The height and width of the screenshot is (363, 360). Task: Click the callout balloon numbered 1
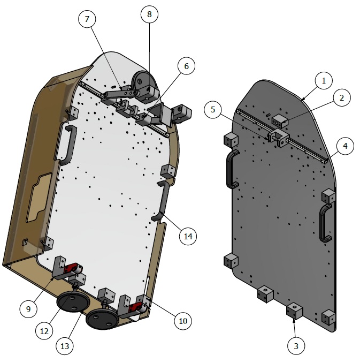tap(323, 81)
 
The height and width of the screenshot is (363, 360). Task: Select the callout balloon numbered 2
tap(341, 97)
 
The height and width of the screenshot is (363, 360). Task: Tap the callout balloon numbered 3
tap(296, 345)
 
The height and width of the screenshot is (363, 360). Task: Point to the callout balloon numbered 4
tap(345, 146)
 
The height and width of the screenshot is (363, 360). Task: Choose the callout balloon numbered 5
tap(213, 110)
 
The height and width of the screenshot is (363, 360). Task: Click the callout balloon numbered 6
tap(186, 66)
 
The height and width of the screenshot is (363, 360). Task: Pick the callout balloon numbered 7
tap(87, 19)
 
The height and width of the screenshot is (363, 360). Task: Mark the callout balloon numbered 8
tap(150, 14)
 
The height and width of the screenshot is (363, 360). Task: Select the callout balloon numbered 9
tap(29, 308)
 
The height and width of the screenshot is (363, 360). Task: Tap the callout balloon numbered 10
tap(182, 321)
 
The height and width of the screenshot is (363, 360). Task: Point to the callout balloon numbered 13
tap(65, 346)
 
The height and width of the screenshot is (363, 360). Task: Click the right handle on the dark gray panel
tap(324, 223)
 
